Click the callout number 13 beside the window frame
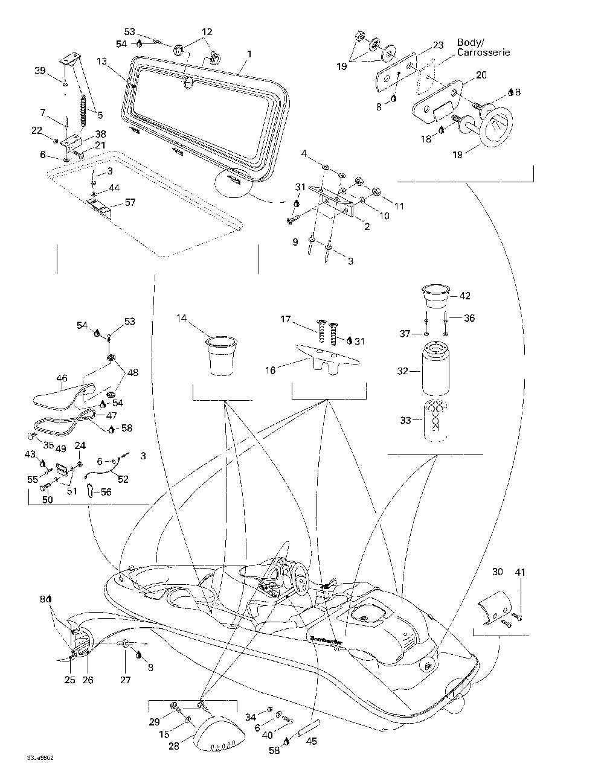tap(101, 61)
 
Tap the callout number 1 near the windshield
tap(249, 54)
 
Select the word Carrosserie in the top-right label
tap(484, 53)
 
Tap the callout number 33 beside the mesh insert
tap(404, 420)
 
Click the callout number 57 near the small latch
tap(130, 202)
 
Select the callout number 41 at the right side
tap(520, 572)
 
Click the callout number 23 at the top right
tap(439, 45)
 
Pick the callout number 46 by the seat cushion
tap(62, 379)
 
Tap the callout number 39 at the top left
tap(40, 71)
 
